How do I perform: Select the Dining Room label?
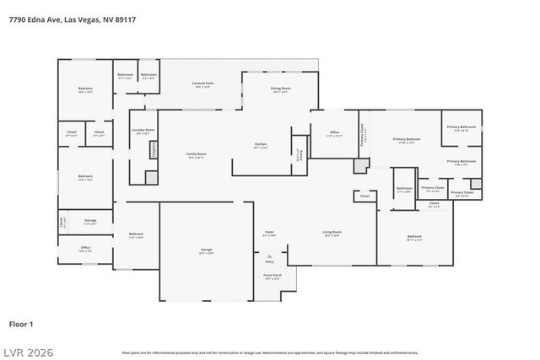(280, 89)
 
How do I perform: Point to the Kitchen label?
(262, 146)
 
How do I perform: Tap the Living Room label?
(332, 233)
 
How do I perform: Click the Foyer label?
(269, 234)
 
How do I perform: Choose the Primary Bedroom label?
(407, 140)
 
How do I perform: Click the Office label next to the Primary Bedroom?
(334, 133)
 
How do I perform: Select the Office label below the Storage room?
(85, 249)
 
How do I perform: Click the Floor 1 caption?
(20, 322)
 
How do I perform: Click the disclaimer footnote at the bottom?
(270, 352)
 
